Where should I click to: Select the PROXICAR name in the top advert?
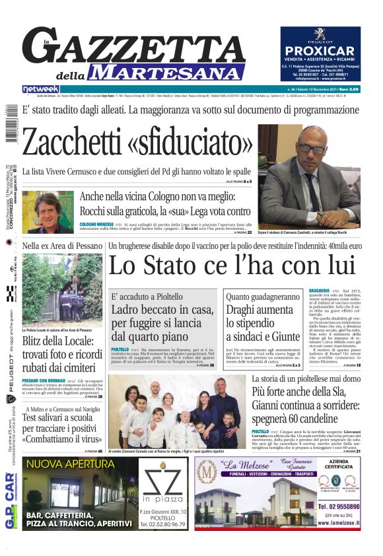tap(320, 51)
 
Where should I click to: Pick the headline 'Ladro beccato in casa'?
tap(162, 310)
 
